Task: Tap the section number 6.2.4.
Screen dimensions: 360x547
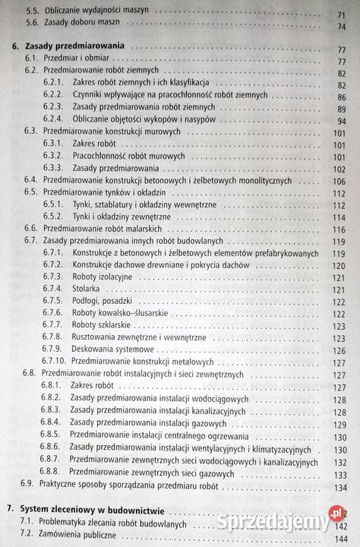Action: click(x=52, y=120)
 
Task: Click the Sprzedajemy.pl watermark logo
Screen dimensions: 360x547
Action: click(x=273, y=521)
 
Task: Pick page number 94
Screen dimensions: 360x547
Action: click(x=341, y=121)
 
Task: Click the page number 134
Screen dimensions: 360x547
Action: click(x=339, y=487)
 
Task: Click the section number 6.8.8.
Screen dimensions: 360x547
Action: click(x=50, y=473)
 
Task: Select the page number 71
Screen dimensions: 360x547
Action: click(x=341, y=13)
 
